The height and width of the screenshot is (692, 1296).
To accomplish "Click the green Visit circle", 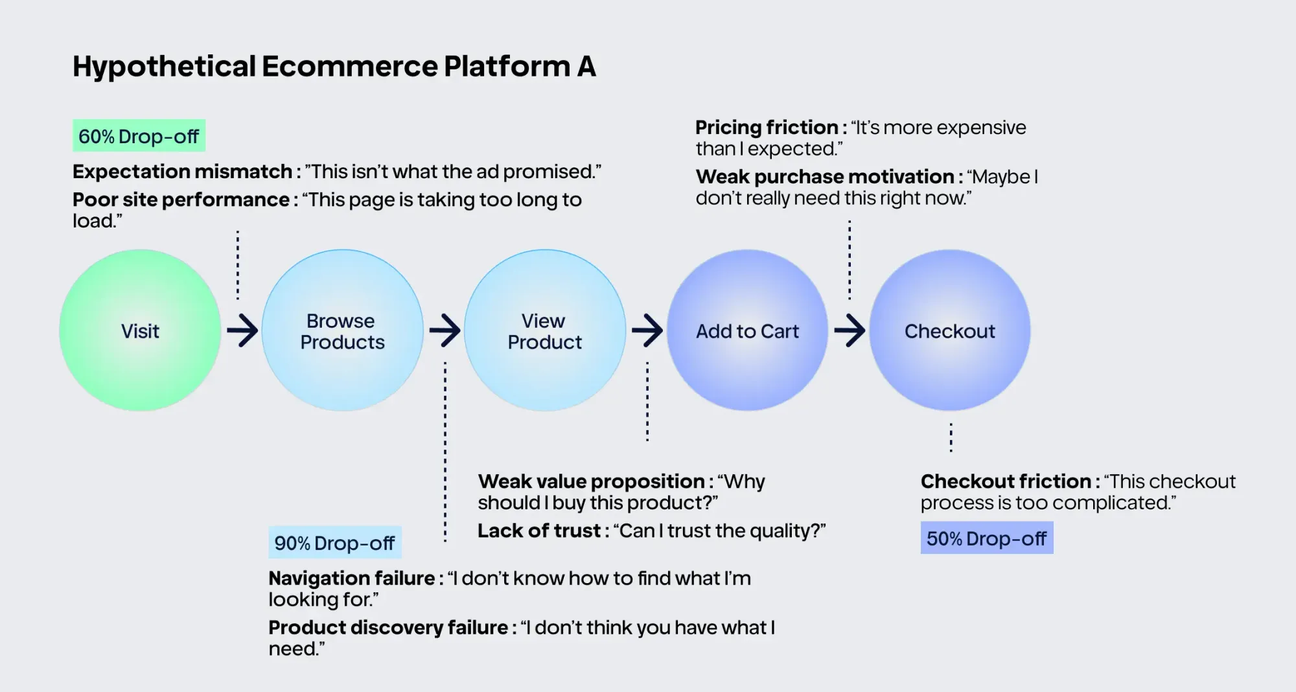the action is pos(140,330).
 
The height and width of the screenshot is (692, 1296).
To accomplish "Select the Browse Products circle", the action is pos(342,330).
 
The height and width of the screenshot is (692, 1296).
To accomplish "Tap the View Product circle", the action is pos(545,330).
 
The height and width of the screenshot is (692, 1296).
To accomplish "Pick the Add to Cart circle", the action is pos(747,330).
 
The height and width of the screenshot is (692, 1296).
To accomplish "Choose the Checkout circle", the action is pos(950,330).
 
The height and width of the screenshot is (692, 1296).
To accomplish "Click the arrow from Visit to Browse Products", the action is pos(242,330).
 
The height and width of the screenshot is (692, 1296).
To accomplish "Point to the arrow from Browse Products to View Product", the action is pos(445,330).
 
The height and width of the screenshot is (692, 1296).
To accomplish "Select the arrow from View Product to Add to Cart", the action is pos(647,330).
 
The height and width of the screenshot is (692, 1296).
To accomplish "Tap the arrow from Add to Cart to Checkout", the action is pos(850,330).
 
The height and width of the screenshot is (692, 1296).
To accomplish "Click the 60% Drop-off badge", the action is pos(139,135).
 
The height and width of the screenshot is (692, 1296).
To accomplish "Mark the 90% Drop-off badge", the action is pos(335,542).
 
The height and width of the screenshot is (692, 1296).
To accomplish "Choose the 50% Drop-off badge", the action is pos(987,538).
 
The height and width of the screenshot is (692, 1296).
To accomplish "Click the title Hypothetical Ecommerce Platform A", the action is pos(334,66).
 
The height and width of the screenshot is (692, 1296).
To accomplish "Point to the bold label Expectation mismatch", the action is pos(182,172).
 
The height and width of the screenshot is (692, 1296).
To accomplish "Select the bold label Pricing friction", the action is pos(767,127).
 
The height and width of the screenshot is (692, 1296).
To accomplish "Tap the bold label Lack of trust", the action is pos(539,531).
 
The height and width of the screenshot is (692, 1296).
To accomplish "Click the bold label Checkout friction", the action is pos(1006,481).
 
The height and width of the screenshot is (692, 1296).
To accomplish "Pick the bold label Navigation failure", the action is pos(352,578).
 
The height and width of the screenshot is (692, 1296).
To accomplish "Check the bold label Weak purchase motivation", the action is pos(825,177).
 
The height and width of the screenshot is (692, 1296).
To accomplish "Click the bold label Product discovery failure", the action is pos(388,627).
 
